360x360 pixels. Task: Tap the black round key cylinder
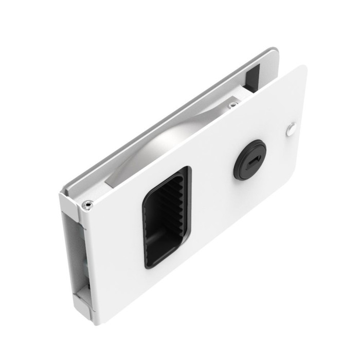[x=250, y=159]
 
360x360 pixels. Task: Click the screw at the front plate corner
[x=88, y=205]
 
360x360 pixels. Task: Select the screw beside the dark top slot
[x=233, y=105]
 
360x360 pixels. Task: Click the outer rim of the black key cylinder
[x=238, y=170]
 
